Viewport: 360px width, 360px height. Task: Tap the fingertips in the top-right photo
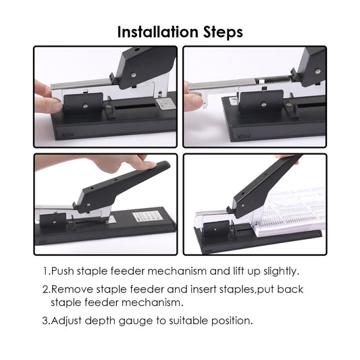coord(192,101)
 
